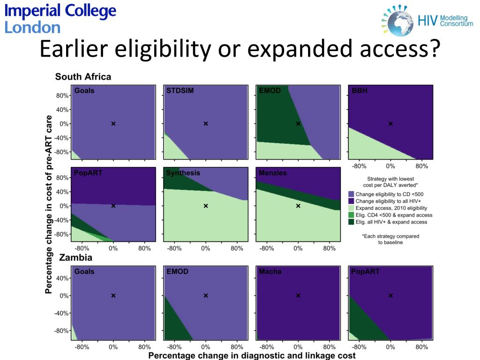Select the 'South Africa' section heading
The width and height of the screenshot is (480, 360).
(83, 76)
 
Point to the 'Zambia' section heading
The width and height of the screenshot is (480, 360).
(75, 257)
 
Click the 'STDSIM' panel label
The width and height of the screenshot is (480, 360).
(180, 90)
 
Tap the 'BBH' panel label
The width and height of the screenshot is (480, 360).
(360, 90)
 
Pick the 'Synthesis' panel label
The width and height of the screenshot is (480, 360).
(183, 173)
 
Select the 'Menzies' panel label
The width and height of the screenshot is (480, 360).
(273, 173)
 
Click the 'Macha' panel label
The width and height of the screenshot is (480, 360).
(270, 271)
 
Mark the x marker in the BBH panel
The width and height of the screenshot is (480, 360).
(390, 124)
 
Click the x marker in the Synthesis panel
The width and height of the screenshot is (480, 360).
(205, 206)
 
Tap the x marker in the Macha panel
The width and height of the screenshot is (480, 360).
(298, 295)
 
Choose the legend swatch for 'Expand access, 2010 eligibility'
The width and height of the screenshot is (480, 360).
(351, 208)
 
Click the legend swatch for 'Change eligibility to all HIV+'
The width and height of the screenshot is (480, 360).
(351, 201)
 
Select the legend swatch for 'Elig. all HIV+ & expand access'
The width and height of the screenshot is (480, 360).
(351, 222)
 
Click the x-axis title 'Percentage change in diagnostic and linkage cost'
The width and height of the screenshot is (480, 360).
(252, 355)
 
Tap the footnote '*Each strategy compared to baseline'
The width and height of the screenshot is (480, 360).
(390, 239)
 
